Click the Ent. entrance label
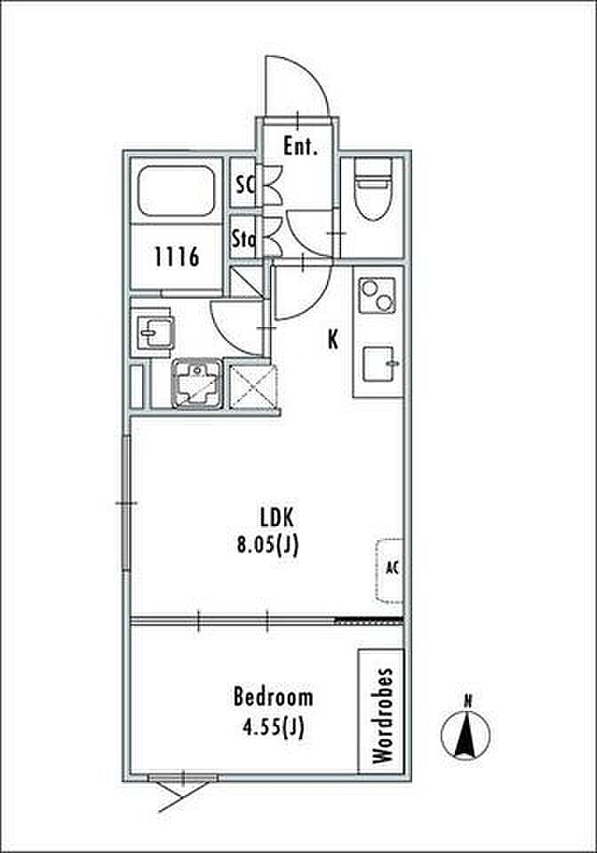300,146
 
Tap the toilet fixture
373,188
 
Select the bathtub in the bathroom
176,191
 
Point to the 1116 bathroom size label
177,256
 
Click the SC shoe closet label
245,185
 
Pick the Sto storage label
243,239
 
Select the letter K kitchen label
333,340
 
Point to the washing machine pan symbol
197,383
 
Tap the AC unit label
392,568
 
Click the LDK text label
277,517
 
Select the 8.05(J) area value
267,545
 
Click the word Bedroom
273,697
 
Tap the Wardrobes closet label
383,715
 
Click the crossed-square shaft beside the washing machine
253,386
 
